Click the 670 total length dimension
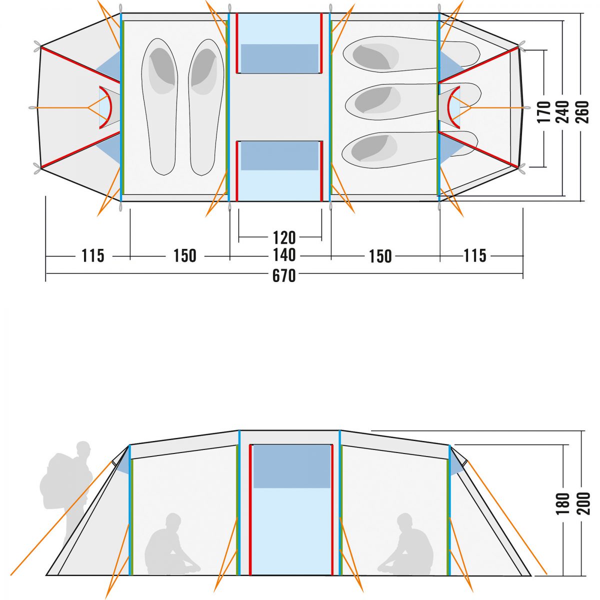pyautogui.click(x=283, y=276)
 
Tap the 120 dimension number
pyautogui.click(x=284, y=238)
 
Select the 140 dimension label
pyautogui.click(x=284, y=255)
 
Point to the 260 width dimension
pyautogui.click(x=582, y=112)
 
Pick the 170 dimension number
pyautogui.click(x=544, y=112)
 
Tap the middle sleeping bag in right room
pyautogui.click(x=413, y=101)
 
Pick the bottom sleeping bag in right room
pyautogui.click(x=410, y=149)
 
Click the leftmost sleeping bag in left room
pyautogui.click(x=159, y=106)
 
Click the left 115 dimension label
pyautogui.click(x=93, y=255)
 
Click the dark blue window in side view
pyautogui.click(x=291, y=466)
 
